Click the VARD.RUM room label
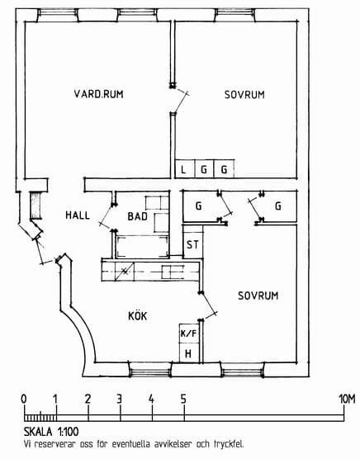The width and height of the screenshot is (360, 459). click(x=98, y=94)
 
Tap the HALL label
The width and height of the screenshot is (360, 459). click(x=78, y=215)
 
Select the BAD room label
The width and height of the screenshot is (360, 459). click(x=138, y=216)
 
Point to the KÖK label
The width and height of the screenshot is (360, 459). click(x=138, y=315)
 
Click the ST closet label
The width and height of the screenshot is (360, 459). click(x=192, y=244)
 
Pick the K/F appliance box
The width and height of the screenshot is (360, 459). click(x=189, y=334)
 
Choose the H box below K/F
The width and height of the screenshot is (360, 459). click(x=189, y=353)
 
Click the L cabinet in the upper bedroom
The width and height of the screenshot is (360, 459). click(x=185, y=169)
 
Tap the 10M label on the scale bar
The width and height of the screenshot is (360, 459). click(x=347, y=400)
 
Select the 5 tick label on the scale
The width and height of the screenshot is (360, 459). click(x=183, y=399)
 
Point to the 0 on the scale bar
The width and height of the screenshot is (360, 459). click(x=24, y=399)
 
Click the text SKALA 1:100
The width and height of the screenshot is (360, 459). click(x=51, y=432)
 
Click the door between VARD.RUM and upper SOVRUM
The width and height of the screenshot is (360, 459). click(x=179, y=100)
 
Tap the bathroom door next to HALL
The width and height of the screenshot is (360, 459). click(x=107, y=216)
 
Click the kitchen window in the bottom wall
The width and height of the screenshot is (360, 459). click(x=150, y=370)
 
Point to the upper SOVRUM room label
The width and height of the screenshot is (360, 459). click(x=244, y=95)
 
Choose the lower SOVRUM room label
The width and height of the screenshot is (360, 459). click(x=258, y=296)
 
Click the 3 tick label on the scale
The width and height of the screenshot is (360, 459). click(x=119, y=399)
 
